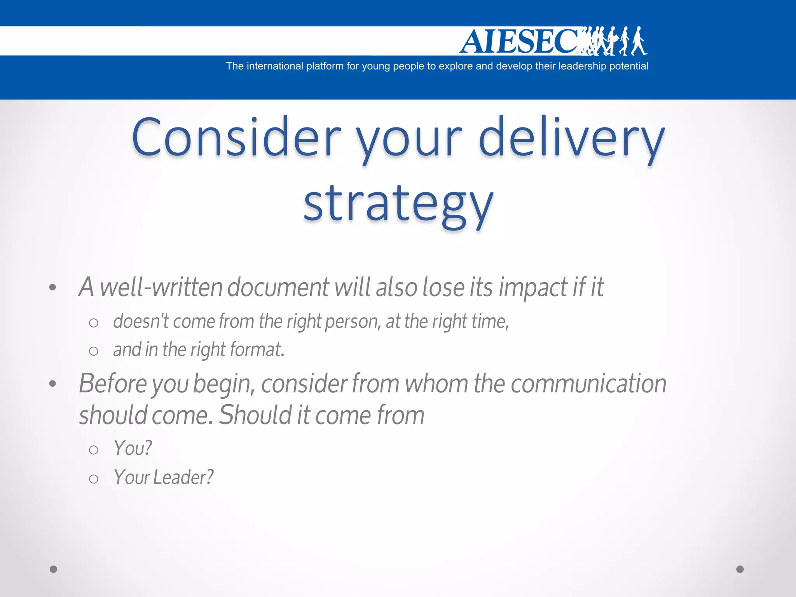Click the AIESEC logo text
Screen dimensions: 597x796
(519, 41)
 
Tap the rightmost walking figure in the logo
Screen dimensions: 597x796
(638, 41)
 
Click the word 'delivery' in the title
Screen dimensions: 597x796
(571, 138)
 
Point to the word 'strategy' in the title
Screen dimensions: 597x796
(398, 204)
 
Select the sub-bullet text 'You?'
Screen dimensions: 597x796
(133, 448)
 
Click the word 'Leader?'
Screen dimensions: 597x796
(183, 477)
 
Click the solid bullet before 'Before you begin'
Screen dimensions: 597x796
(53, 384)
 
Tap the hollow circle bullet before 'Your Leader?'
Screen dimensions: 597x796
(93, 479)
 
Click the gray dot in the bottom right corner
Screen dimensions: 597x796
(740, 569)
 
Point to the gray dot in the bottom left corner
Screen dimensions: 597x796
(54, 569)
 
